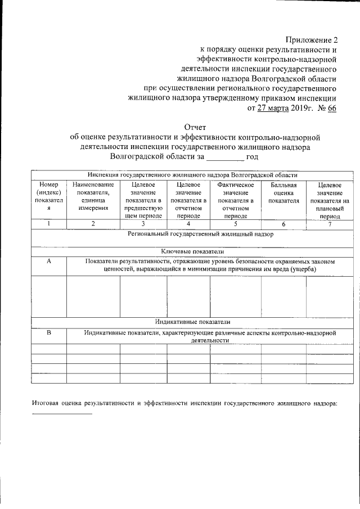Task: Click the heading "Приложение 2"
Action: [x=310, y=40]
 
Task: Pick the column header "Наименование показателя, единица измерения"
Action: [x=93, y=196]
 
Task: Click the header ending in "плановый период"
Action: [x=329, y=200]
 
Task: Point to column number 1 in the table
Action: [x=48, y=224]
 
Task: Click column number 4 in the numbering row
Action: [x=188, y=224]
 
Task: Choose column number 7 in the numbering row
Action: [x=329, y=224]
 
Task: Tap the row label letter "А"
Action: [x=48, y=261]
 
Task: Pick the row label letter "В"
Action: [x=48, y=333]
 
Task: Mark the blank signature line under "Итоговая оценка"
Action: [x=61, y=414]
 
